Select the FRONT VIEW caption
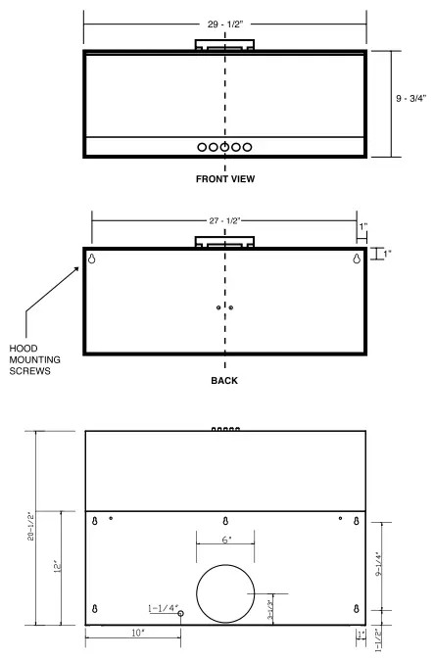coord(225,179)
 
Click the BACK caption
coord(225,380)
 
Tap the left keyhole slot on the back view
coord(93,259)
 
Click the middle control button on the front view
coord(224,147)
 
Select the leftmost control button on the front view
coord(202,147)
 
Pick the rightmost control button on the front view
coord(247,147)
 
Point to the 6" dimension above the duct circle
coord(225,540)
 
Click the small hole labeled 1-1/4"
coord(180,612)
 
